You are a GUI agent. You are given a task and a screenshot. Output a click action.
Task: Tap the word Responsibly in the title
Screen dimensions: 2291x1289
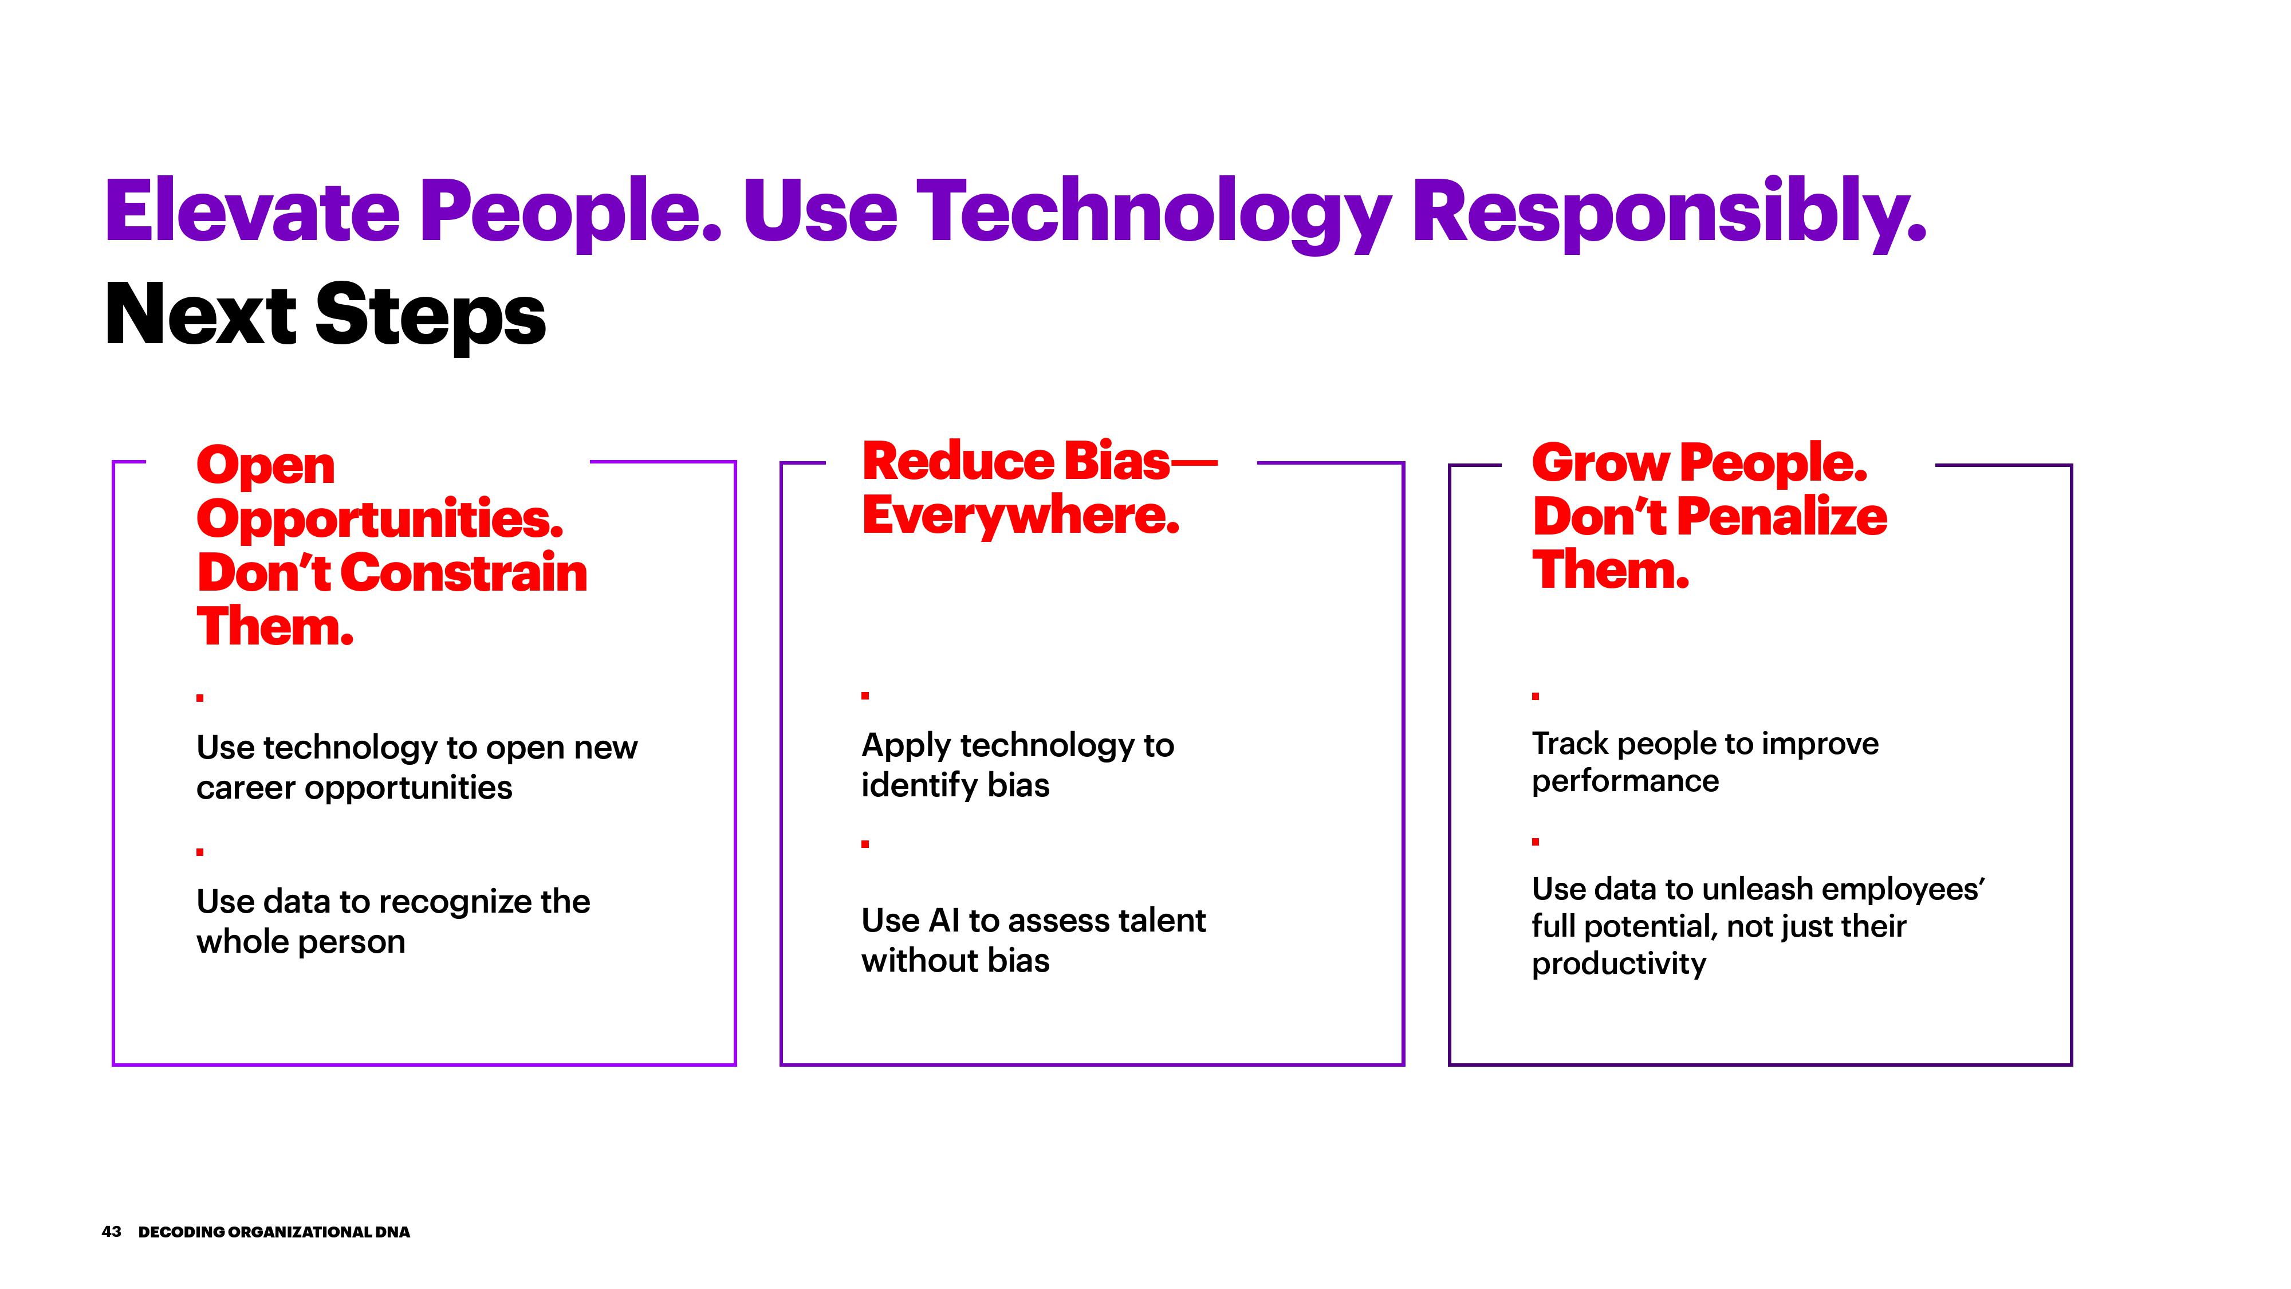pyautogui.click(x=1670, y=214)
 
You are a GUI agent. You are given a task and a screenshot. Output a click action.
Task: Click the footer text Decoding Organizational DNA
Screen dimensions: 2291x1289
pyautogui.click(x=274, y=1232)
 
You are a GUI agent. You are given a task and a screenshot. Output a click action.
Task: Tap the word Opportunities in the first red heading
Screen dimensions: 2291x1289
pyautogui.click(x=380, y=520)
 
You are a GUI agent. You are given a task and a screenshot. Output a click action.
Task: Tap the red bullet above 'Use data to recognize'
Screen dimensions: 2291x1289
pyautogui.click(x=200, y=851)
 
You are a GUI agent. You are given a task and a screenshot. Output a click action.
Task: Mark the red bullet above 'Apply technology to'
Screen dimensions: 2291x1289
pyautogui.click(x=864, y=695)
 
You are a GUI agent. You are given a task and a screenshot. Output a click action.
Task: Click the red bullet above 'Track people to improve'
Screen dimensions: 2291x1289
pyautogui.click(x=1535, y=695)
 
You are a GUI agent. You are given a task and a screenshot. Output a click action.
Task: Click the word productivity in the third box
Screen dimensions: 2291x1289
pyautogui.click(x=1619, y=964)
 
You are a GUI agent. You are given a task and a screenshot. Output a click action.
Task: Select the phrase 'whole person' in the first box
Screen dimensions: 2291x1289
pyautogui.click(x=301, y=942)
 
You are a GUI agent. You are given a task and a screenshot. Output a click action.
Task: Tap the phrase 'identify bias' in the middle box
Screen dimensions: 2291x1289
pyautogui.click(x=955, y=785)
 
